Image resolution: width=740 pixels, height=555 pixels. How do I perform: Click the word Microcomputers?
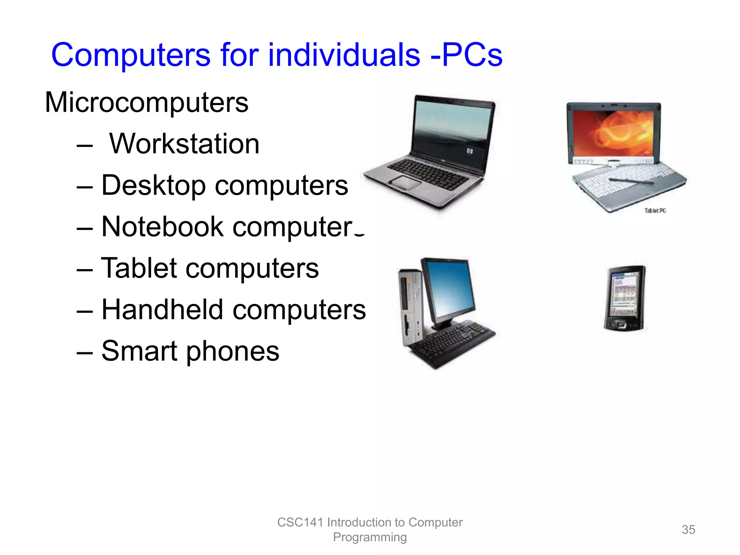coord(147,103)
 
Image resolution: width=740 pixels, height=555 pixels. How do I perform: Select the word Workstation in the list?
coord(184,144)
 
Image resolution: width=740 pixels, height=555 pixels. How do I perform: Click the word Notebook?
coord(162,227)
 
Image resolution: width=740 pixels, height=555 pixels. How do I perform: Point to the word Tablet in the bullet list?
coord(139,268)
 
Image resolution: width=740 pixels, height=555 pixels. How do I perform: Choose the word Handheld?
coord(162,310)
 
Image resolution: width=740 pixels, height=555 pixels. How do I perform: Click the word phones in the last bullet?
coord(233,351)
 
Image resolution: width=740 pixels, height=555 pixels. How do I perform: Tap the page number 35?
coord(688,530)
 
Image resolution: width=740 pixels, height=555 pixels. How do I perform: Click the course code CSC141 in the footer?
coord(300,522)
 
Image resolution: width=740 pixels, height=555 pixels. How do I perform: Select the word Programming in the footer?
coord(370,537)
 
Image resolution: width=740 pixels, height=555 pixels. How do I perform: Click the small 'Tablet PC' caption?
coord(655,211)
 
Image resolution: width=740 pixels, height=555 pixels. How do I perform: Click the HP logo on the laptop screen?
coord(469,151)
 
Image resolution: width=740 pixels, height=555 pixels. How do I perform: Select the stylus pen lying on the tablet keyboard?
coord(631,181)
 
